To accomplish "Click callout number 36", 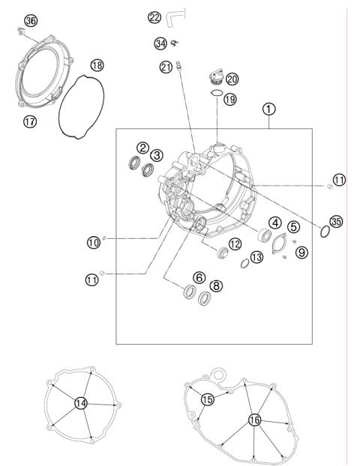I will [30, 20].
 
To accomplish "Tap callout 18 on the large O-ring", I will [97, 65].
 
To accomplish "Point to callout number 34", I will [160, 43].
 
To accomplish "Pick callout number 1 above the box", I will [268, 109].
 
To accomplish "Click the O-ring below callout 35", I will [324, 234].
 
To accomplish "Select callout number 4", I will [275, 223].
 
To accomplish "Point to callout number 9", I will [301, 253].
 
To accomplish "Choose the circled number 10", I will [93, 241].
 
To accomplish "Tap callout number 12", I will [234, 243].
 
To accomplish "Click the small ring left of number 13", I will [245, 263].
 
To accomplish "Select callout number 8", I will [216, 285].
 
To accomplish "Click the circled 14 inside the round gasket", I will [81, 402].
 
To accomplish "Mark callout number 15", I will [207, 400].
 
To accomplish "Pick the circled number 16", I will [254, 420].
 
